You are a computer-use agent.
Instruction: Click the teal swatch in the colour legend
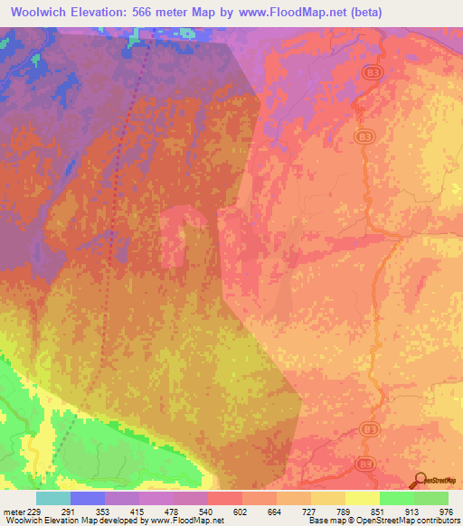point(52,498)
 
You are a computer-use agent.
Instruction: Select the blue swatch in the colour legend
point(87,498)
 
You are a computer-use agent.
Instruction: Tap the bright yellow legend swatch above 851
point(362,498)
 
